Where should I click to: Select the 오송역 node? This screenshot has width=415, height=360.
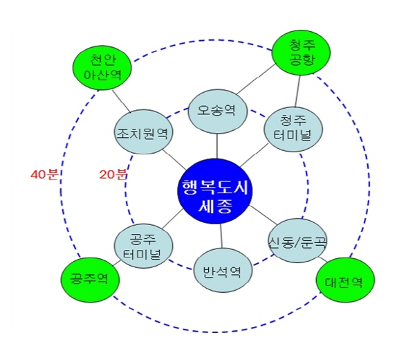(218, 111)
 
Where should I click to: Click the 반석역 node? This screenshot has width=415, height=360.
(222, 270)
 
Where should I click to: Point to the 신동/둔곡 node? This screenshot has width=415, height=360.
(298, 243)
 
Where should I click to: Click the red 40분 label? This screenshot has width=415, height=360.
(44, 174)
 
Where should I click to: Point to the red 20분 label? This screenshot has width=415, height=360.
(113, 174)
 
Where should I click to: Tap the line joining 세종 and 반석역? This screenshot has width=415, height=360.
(221, 240)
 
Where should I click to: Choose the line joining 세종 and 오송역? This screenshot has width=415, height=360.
(218, 145)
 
